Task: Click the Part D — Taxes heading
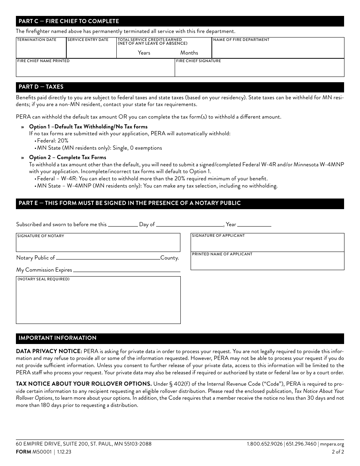coord(41,87)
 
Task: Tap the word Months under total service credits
coord(189,53)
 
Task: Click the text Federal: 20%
coord(53,141)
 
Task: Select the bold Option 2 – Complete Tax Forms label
coord(67,157)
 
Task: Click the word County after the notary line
coord(169,258)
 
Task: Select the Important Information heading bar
coord(180,338)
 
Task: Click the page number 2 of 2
coord(338,452)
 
